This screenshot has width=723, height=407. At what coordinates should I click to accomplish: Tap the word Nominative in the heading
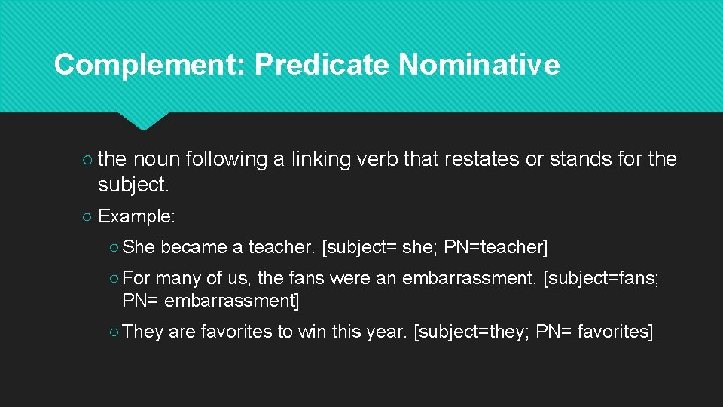pyautogui.click(x=479, y=65)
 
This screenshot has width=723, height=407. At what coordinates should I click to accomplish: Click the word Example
pyautogui.click(x=136, y=216)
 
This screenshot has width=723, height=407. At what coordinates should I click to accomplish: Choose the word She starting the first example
pyautogui.click(x=138, y=247)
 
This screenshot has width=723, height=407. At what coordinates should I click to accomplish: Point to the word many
pyautogui.click(x=178, y=279)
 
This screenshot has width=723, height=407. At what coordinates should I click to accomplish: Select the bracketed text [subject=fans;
pyautogui.click(x=601, y=279)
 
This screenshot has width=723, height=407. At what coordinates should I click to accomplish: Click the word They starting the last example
pyautogui.click(x=142, y=332)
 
